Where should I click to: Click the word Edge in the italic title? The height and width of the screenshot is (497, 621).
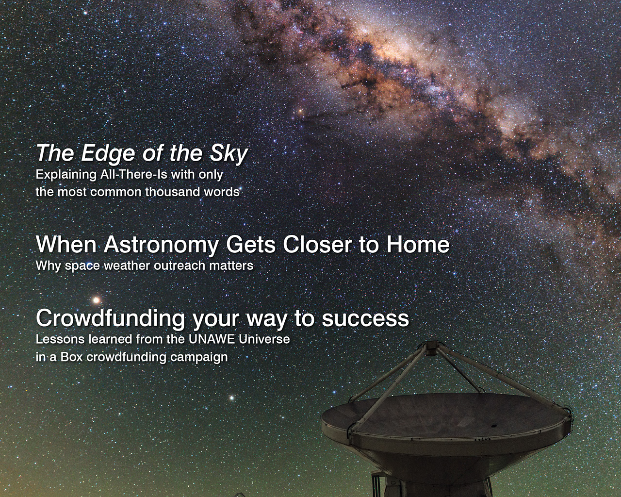click(x=108, y=154)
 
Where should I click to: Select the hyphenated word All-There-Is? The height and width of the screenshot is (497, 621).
click(x=133, y=174)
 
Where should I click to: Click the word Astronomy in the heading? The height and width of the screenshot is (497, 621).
click(x=161, y=245)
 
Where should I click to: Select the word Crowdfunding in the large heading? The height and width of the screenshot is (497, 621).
click(x=110, y=318)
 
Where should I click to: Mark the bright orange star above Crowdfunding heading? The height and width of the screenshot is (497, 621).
click(x=96, y=300)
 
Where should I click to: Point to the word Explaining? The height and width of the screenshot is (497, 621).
click(x=66, y=175)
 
